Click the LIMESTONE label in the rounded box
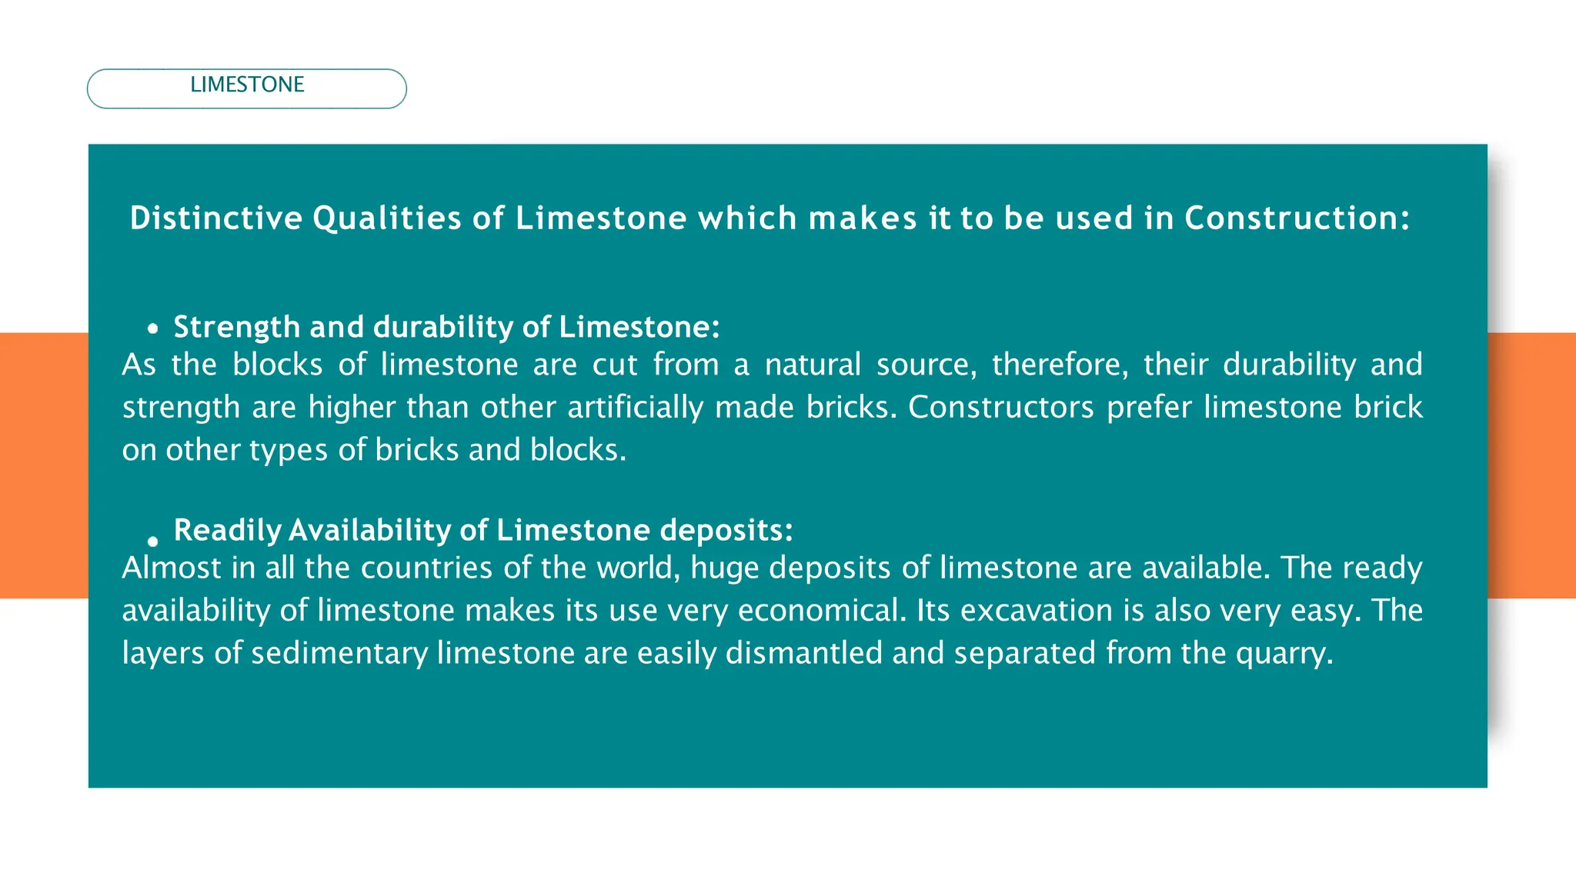pyautogui.click(x=247, y=85)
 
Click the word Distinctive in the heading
pyautogui.click(x=216, y=218)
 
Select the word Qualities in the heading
pyautogui.click(x=387, y=218)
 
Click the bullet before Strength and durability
pyautogui.click(x=153, y=329)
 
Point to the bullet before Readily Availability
pyautogui.click(x=153, y=541)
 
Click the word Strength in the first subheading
pyautogui.click(x=236, y=328)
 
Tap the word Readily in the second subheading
pyautogui.click(x=228, y=531)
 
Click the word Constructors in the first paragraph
pyautogui.click(x=1000, y=408)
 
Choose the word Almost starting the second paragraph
pyautogui.click(x=172, y=568)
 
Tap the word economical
pyautogui.click(x=821, y=611)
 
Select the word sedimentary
pyautogui.click(x=339, y=654)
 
